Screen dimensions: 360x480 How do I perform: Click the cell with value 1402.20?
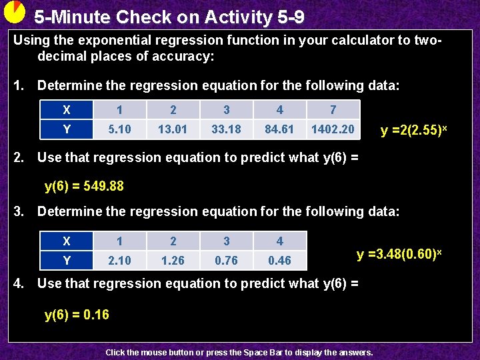pos(333,129)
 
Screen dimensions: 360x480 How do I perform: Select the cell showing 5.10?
pos(119,129)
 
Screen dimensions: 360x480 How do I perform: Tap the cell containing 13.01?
pos(173,129)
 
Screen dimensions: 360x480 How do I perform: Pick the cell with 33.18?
pos(226,129)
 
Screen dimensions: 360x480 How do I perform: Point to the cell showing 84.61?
pos(279,129)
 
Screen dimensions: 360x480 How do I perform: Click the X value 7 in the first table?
pos(333,110)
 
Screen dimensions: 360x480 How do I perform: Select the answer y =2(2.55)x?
pos(413,129)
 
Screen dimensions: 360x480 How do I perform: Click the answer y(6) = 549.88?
pos(84,186)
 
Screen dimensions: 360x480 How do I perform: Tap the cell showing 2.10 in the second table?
pos(119,260)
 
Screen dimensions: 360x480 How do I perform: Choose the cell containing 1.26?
pos(173,260)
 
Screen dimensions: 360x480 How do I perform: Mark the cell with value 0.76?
pos(226,260)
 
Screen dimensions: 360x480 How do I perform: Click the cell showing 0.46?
pos(279,260)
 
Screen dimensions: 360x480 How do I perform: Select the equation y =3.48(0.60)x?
pos(399,254)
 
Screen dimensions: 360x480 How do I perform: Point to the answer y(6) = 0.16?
pos(77,314)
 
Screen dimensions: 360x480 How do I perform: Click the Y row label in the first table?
pos(66,129)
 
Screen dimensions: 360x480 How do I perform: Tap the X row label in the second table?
pos(66,241)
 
